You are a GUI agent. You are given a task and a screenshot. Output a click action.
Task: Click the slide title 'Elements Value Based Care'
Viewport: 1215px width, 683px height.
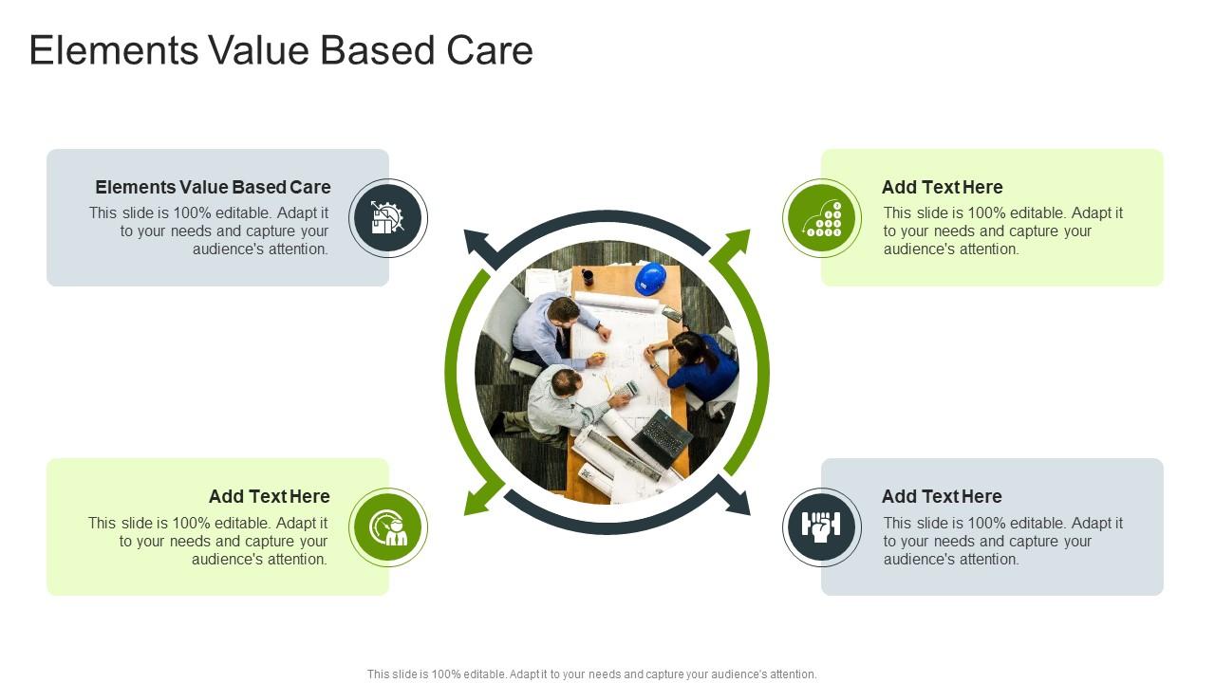coord(281,50)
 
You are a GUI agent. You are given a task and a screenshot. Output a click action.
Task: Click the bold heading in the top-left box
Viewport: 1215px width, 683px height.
coord(213,187)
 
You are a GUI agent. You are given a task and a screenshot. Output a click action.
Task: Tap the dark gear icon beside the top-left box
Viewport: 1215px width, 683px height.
coord(387,218)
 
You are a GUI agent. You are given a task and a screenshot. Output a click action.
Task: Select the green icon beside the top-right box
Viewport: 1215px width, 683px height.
coord(822,218)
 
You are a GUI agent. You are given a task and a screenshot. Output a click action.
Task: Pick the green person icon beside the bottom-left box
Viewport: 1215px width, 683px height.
coord(387,527)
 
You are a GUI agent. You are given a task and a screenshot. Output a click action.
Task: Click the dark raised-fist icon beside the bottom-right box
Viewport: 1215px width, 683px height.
coord(822,527)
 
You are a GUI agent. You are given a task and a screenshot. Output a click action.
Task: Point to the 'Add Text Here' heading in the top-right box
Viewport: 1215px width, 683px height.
coord(942,187)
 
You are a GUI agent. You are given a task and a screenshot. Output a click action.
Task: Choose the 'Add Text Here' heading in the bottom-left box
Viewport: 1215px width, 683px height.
coord(270,496)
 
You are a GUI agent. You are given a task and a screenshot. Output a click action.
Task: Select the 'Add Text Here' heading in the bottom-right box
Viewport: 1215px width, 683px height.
coord(942,496)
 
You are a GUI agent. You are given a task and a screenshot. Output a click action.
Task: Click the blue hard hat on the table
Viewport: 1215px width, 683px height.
coord(650,279)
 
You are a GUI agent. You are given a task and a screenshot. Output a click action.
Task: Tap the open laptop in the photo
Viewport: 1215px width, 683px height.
coord(663,437)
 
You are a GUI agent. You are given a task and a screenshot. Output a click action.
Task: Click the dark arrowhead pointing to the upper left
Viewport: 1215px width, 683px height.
coord(477,244)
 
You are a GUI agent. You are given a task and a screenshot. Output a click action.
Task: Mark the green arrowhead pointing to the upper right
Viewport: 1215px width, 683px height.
coord(736,244)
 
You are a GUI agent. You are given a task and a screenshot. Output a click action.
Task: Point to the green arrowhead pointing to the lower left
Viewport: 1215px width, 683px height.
coord(478,500)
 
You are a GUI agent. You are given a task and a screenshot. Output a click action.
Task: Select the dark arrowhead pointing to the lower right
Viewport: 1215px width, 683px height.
coord(737,500)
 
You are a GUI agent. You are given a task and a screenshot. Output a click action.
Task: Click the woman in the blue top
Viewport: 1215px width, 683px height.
coord(701,365)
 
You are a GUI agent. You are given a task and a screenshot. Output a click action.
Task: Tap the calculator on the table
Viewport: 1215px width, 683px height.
coord(626,389)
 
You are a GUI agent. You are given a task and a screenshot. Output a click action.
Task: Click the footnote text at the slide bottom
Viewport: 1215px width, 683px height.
coord(591,674)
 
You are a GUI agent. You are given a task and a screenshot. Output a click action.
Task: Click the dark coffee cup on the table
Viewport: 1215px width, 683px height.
coord(588,277)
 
